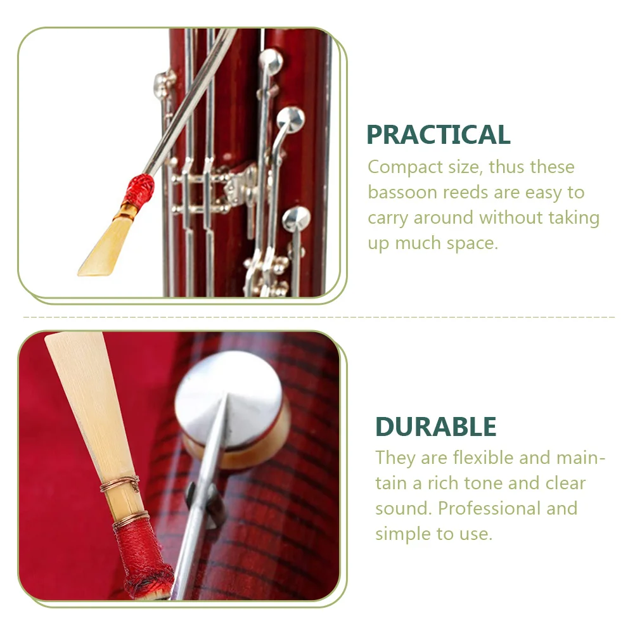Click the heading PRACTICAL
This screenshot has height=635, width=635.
click(438, 135)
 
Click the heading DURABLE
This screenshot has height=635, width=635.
click(435, 427)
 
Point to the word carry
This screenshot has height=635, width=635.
click(388, 218)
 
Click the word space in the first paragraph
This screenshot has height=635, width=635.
click(468, 243)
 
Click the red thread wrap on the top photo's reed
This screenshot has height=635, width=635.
click(139, 188)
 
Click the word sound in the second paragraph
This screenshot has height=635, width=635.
click(402, 508)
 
